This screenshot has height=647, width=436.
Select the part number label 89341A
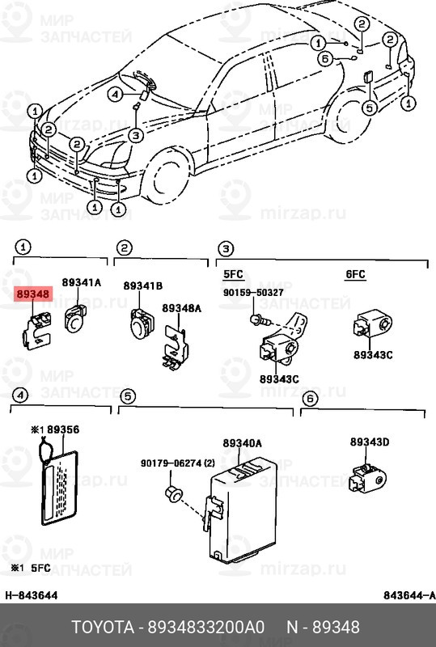[83, 282]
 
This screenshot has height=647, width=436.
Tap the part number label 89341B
[142, 286]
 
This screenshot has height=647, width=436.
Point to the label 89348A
[182, 308]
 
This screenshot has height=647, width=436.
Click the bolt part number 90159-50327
[254, 292]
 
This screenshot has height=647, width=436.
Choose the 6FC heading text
[356, 275]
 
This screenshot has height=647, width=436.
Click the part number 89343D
[370, 442]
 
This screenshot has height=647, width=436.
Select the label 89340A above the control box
[243, 443]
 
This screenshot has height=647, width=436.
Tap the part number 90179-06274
[177, 463]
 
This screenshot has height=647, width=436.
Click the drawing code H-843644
[32, 595]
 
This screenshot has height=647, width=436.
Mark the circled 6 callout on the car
[325, 58]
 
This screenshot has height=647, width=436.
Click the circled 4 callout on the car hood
[116, 94]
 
